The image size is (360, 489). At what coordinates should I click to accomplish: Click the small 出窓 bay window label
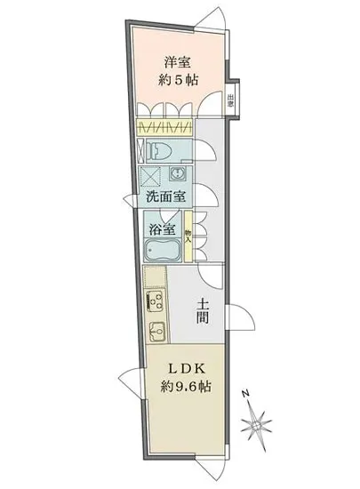(x=231, y=100)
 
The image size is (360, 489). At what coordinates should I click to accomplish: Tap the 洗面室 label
(x=161, y=197)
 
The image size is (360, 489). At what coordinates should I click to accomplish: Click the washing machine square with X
(x=151, y=173)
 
